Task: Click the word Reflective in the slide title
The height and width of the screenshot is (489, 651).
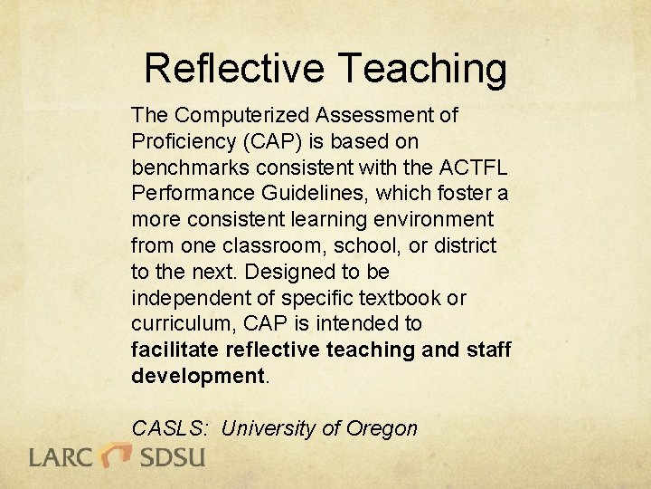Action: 234,68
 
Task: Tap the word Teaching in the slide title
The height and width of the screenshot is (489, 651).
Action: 422,68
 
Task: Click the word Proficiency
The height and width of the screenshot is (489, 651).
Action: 184,142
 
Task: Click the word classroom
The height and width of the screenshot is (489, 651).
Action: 259,245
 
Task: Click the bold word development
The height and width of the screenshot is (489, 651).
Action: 196,376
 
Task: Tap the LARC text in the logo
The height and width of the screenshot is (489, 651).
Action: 62,455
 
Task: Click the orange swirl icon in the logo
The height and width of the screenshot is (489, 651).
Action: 117,453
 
